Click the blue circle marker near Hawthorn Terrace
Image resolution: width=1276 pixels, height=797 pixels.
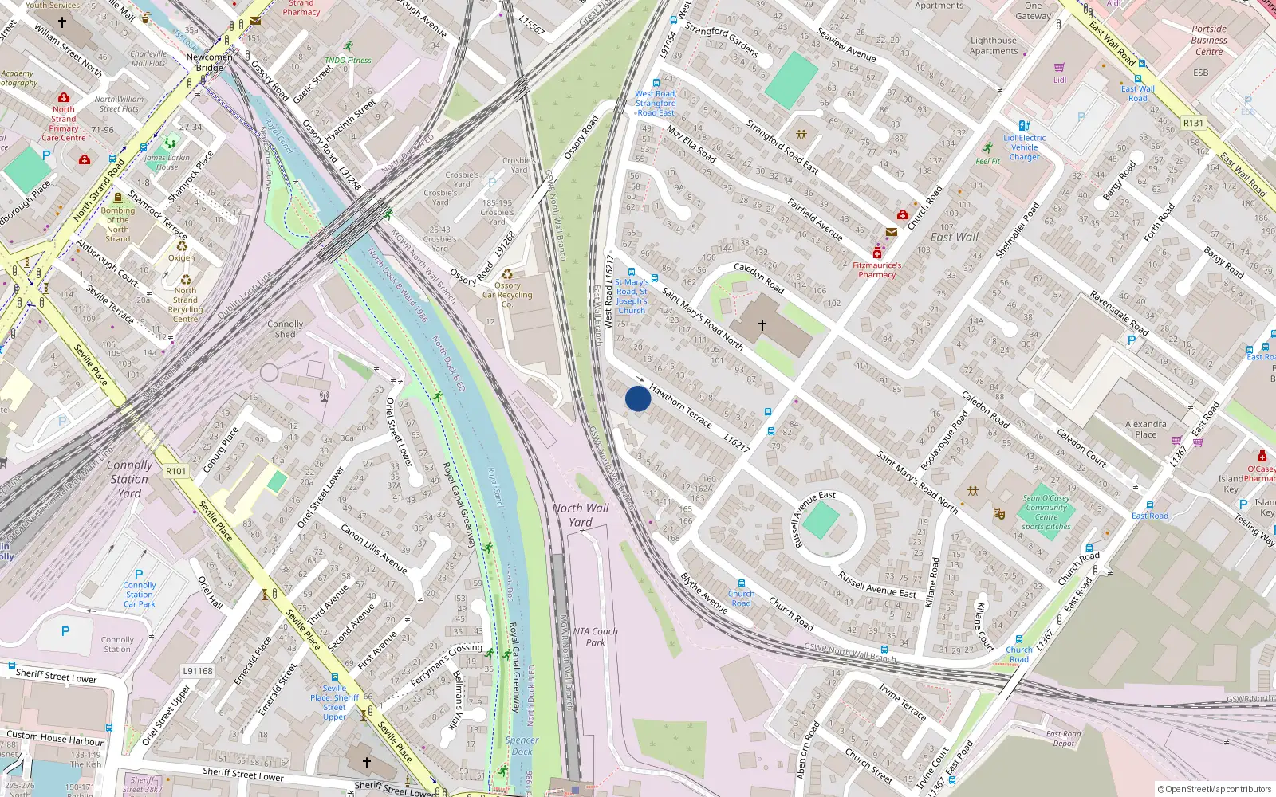(x=638, y=398)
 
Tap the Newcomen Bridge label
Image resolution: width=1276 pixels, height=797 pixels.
(x=210, y=62)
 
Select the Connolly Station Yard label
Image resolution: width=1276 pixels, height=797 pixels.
(x=129, y=478)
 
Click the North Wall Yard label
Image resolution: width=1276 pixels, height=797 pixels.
(x=581, y=515)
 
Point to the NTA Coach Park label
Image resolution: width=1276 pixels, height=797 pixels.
(x=595, y=637)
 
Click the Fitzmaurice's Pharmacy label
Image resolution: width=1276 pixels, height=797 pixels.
(x=877, y=270)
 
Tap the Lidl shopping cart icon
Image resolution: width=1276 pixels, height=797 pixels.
(x=1059, y=68)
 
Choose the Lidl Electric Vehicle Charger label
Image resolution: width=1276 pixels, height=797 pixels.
(x=1025, y=147)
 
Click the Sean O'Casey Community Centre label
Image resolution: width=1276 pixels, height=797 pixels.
(x=1046, y=512)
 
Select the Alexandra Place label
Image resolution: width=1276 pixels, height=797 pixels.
(x=1146, y=429)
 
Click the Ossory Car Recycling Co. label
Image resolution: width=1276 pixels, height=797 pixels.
(x=507, y=294)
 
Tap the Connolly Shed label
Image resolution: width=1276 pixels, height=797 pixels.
(x=286, y=329)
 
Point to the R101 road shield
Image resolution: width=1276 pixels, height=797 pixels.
(x=176, y=471)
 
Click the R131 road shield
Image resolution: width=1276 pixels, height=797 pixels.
(x=1193, y=123)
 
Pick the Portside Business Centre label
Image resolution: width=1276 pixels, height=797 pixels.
(x=1209, y=40)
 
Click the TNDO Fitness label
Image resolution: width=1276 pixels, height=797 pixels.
(x=348, y=60)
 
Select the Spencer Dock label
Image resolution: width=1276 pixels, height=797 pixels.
(x=522, y=745)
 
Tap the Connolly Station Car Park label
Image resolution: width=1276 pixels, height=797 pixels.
(x=140, y=595)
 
